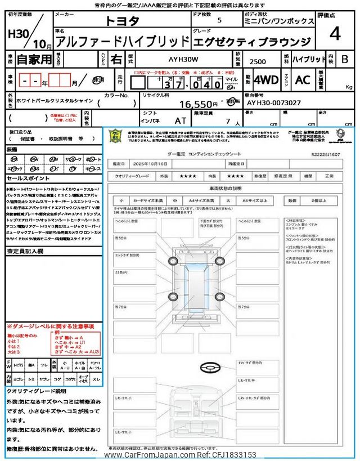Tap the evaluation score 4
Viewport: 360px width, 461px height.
[x=335, y=34]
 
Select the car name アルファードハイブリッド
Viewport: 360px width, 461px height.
[x=124, y=41]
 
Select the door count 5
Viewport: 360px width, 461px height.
[x=219, y=21]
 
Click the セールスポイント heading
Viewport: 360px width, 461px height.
[x=24, y=178]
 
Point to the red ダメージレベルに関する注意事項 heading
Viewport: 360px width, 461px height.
[x=50, y=326]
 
